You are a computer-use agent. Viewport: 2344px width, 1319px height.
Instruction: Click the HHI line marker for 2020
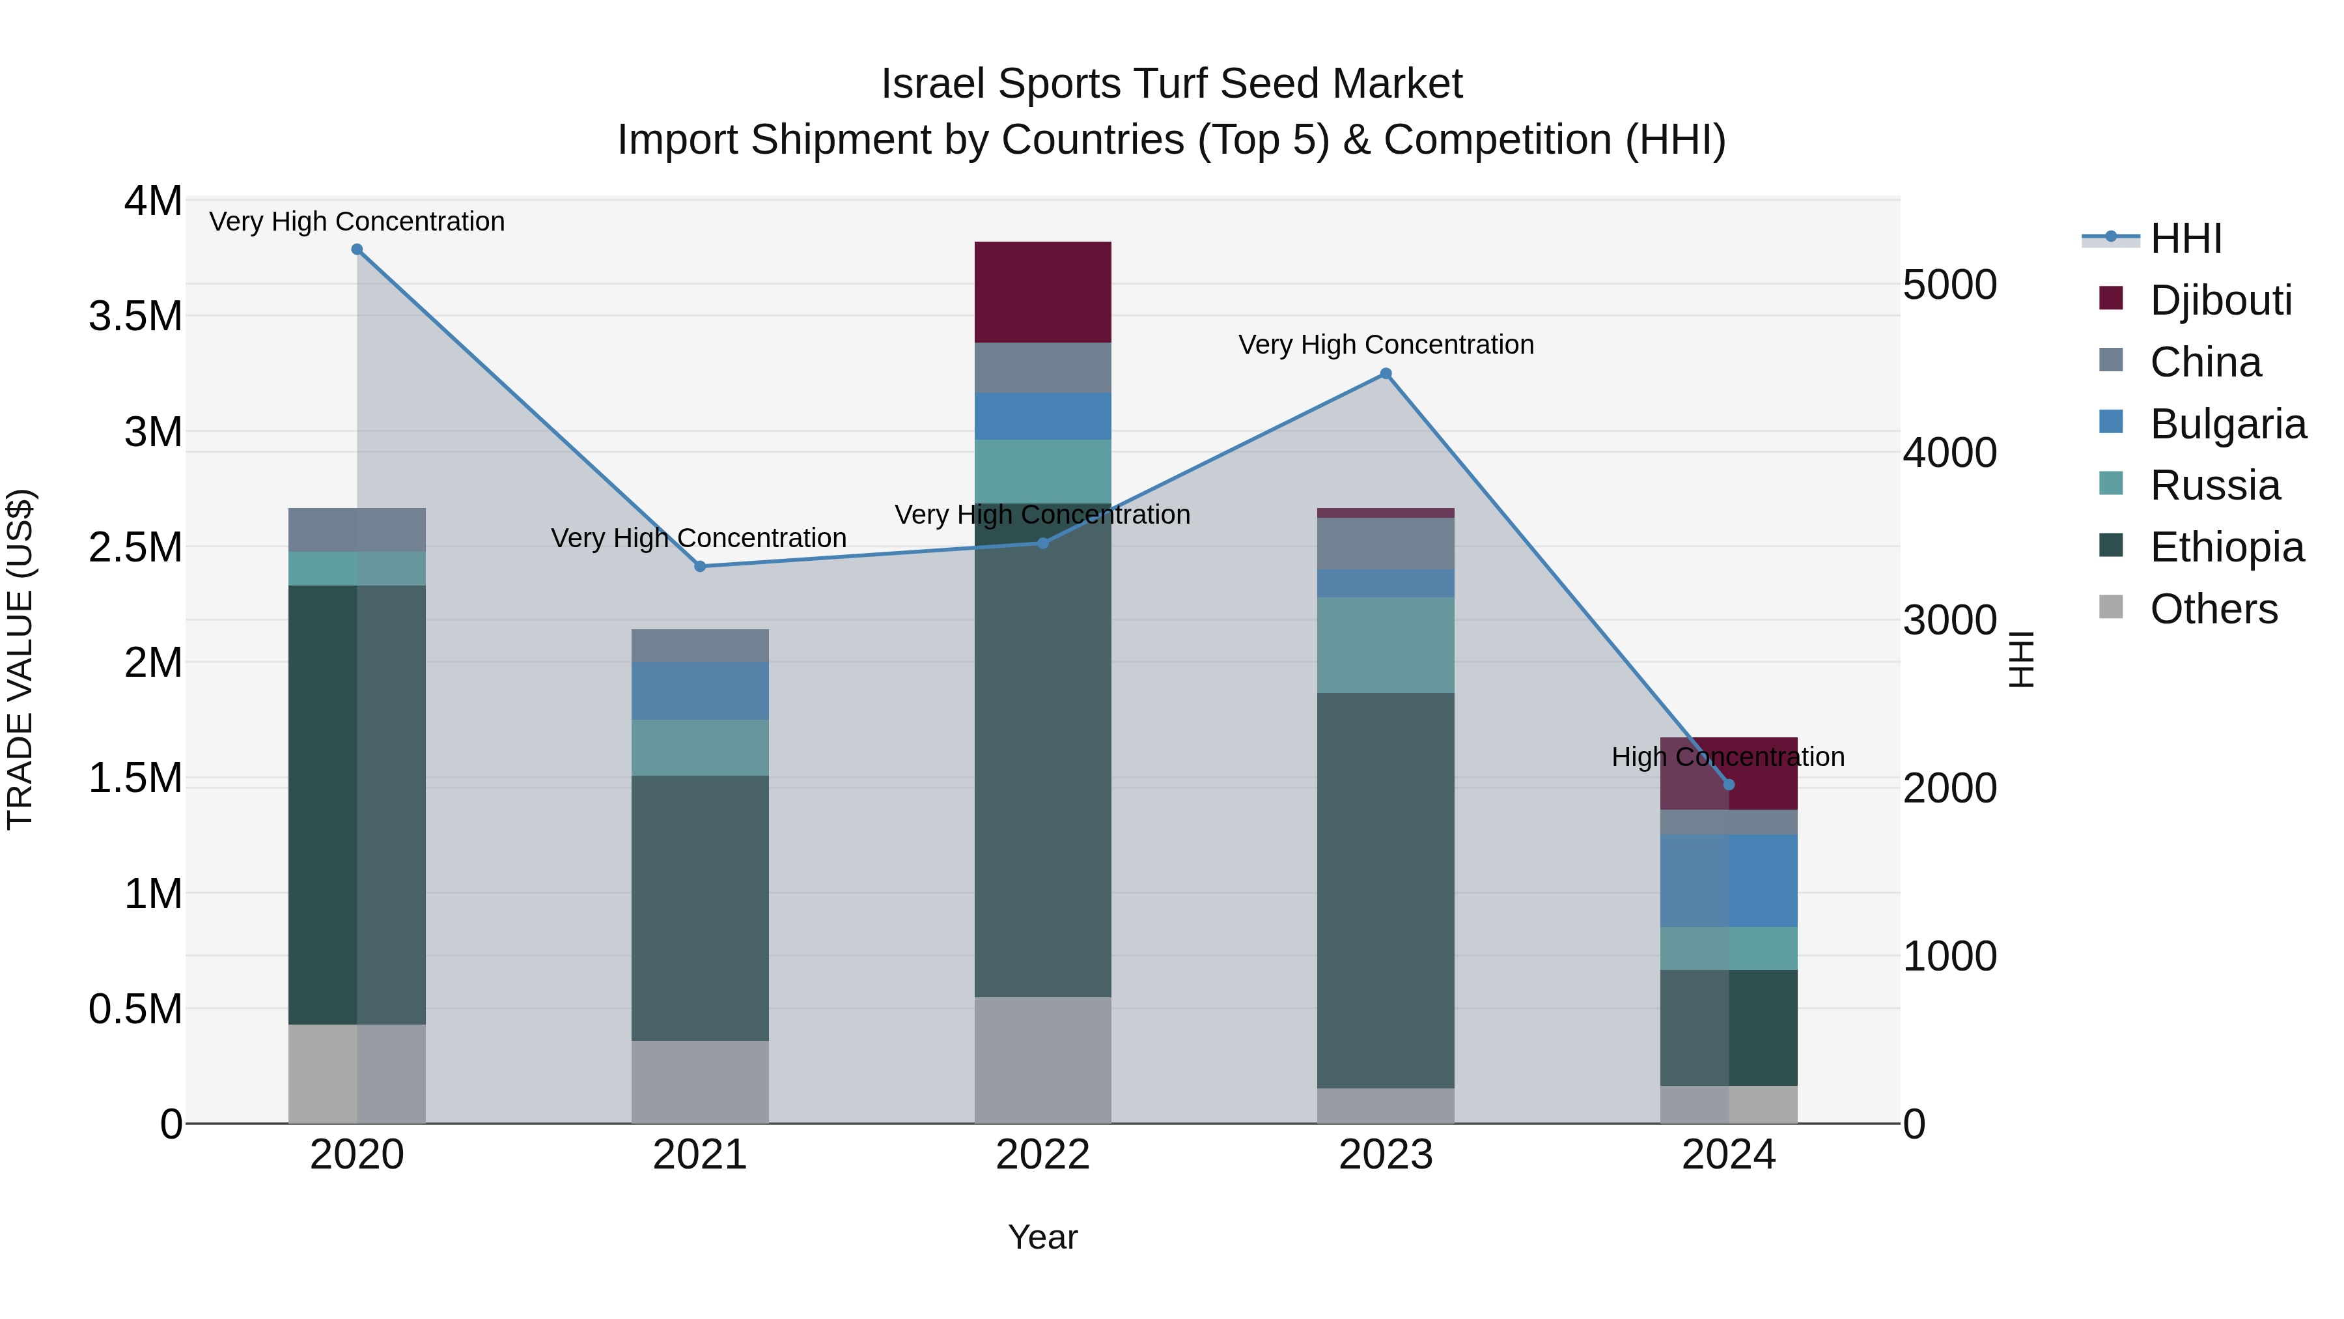357,249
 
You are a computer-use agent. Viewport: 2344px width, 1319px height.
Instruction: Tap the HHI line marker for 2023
1385,373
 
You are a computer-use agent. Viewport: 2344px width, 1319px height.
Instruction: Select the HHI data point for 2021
700,566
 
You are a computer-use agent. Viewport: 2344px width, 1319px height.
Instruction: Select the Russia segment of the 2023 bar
1385,644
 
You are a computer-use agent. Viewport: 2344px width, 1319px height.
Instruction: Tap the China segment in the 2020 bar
357,530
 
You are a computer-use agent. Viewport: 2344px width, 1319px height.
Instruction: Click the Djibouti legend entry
2220,300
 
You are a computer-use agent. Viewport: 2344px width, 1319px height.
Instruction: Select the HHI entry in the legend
2184,238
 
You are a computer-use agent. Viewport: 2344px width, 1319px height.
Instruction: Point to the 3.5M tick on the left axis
135,316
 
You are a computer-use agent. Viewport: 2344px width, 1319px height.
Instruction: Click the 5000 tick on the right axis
1949,285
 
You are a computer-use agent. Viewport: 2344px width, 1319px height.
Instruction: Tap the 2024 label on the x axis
1728,1155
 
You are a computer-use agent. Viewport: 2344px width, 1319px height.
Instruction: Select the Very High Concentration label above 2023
1385,345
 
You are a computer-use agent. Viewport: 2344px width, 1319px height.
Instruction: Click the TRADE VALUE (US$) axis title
20,659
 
